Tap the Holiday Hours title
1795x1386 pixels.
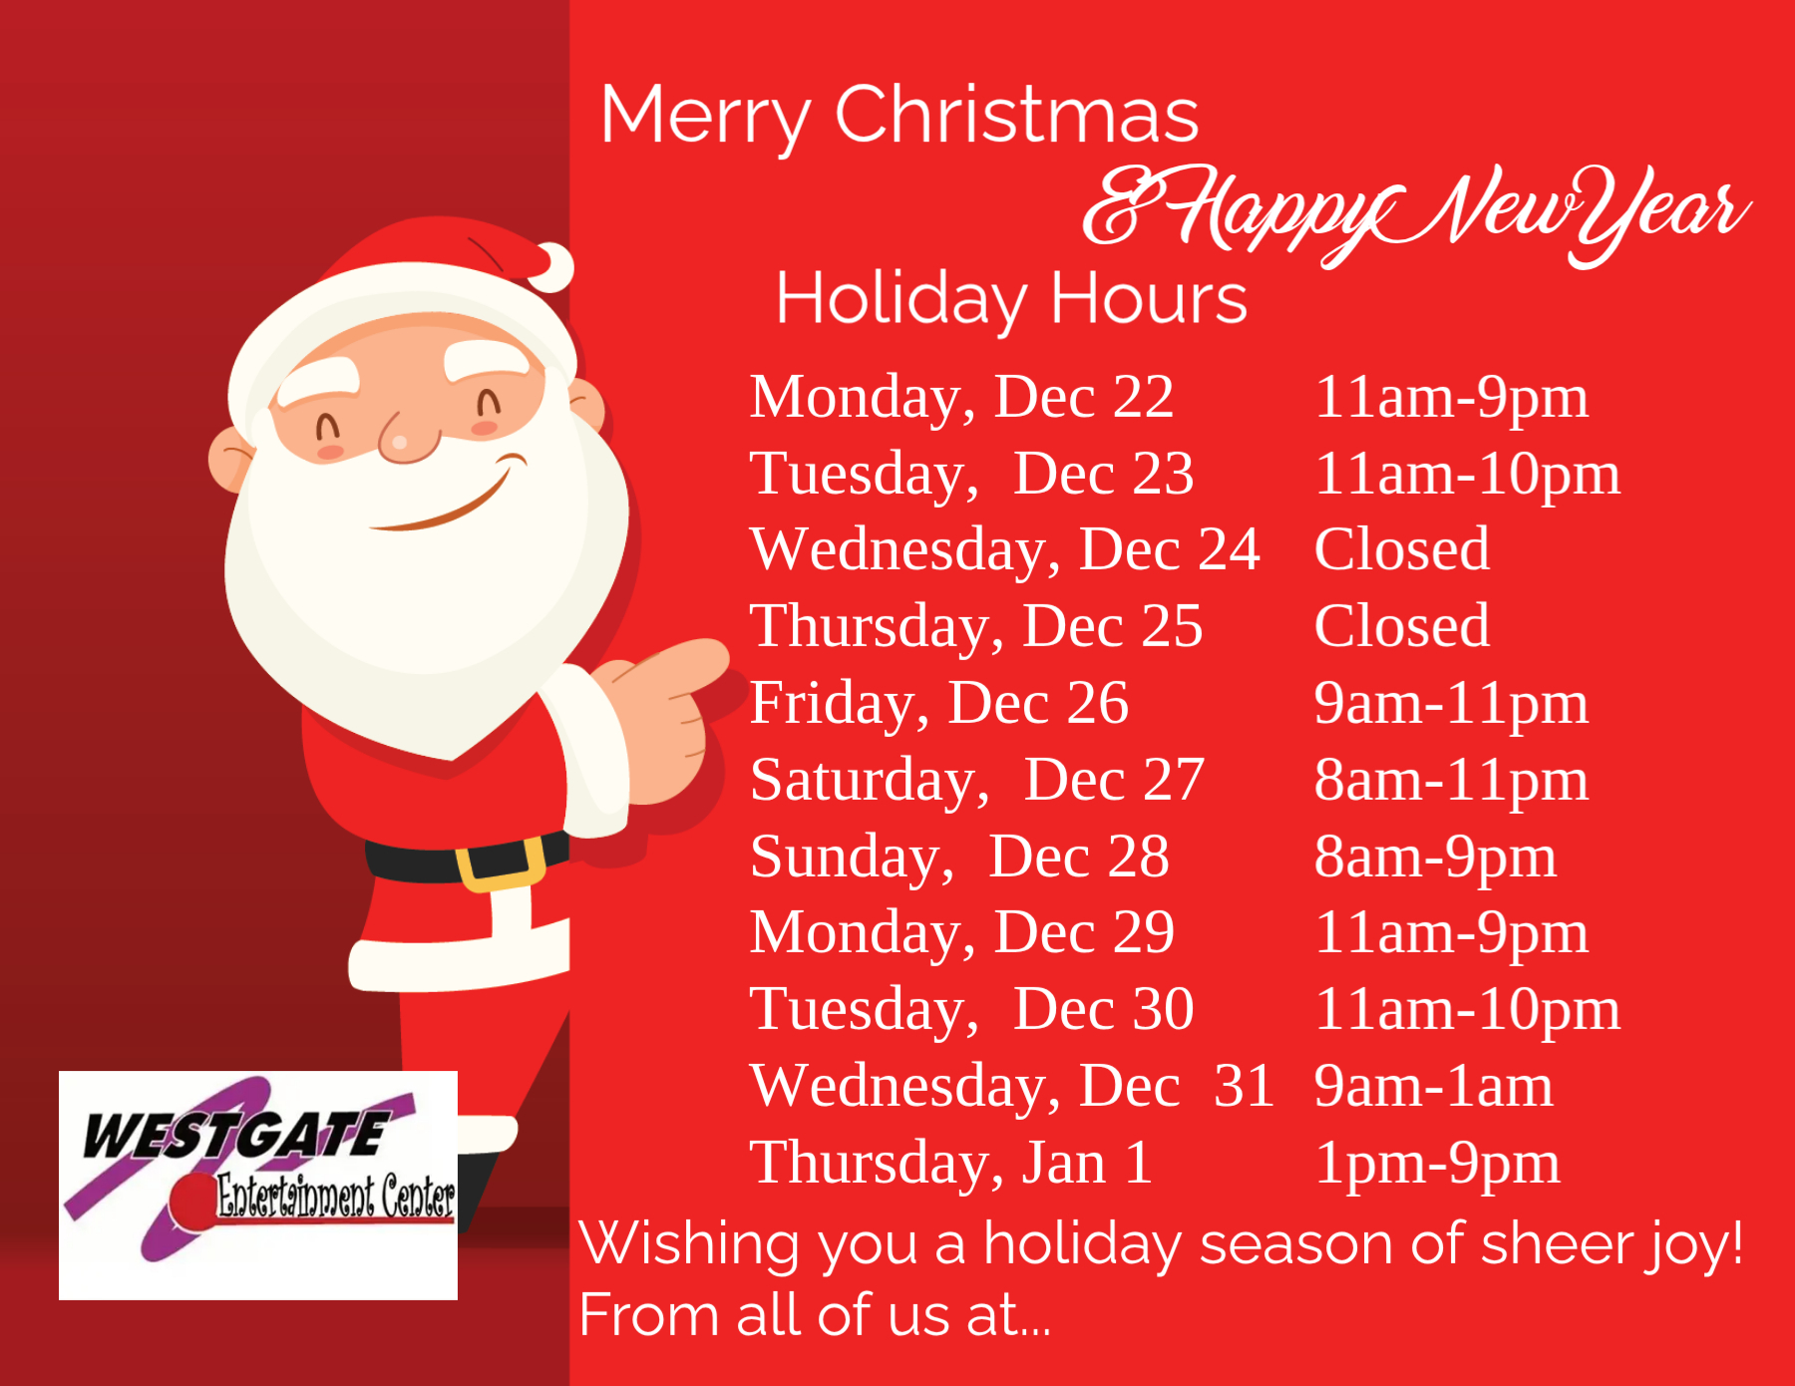pyautogui.click(x=1011, y=299)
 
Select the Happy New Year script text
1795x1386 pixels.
pyautogui.click(x=1417, y=214)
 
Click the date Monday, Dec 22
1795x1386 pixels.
pyautogui.click(x=961, y=398)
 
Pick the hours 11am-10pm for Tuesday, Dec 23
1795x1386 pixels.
pyautogui.click(x=1467, y=475)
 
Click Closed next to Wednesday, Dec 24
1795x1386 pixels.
pyautogui.click(x=1402, y=549)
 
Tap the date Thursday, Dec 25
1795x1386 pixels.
pyautogui.click(x=976, y=627)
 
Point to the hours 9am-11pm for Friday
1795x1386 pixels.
pyautogui.click(x=1451, y=704)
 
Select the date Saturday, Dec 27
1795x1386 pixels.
pyautogui.click(x=977, y=781)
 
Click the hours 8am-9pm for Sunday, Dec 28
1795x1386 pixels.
pyautogui.click(x=1435, y=858)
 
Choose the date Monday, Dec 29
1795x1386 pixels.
pyautogui.click(x=961, y=933)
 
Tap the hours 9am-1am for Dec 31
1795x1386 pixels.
pyautogui.click(x=1433, y=1086)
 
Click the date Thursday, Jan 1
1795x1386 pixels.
pyautogui.click(x=951, y=1164)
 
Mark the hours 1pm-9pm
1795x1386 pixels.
pyautogui.click(x=1437, y=1164)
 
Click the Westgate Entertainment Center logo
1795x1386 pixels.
pyautogui.click(x=258, y=1186)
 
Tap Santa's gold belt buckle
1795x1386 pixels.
pyautogui.click(x=501, y=864)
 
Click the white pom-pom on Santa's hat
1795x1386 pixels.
pyautogui.click(x=551, y=267)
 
